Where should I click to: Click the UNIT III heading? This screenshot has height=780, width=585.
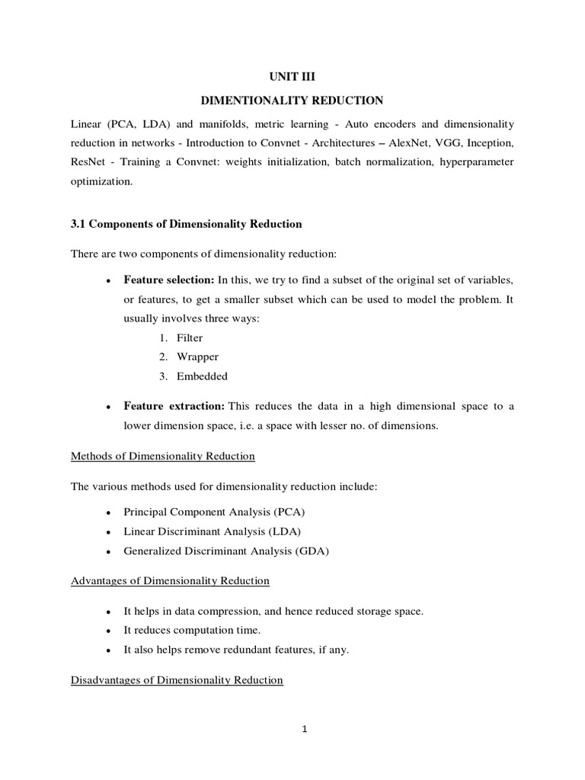click(x=292, y=77)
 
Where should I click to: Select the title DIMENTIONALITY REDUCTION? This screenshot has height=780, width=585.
click(x=292, y=101)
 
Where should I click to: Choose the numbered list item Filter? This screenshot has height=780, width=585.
click(x=189, y=337)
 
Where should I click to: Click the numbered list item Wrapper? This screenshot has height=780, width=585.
click(x=195, y=356)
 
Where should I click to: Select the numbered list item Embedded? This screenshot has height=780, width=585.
click(x=201, y=376)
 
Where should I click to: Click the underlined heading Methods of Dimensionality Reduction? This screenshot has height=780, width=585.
click(x=162, y=456)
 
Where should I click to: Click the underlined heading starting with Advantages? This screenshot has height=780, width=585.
click(x=170, y=580)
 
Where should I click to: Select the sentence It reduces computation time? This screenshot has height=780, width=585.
click(x=192, y=630)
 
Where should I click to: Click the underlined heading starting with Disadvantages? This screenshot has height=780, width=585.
click(x=177, y=679)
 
